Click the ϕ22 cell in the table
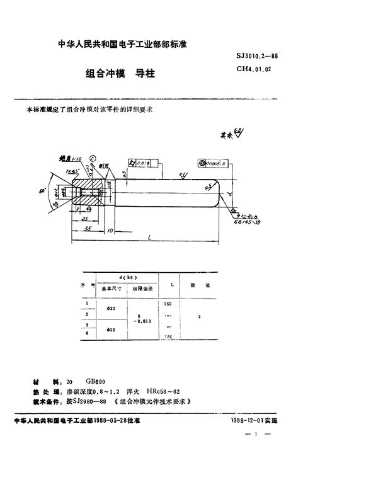[111, 308]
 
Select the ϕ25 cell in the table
[111, 331]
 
